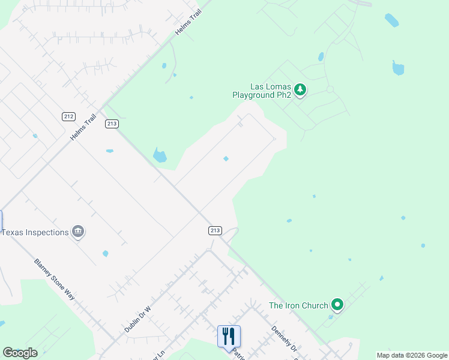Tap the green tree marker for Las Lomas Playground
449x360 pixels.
pyautogui.click(x=301, y=90)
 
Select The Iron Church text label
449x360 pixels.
pyautogui.click(x=298, y=305)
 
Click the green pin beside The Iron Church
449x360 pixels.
pyautogui.click(x=337, y=305)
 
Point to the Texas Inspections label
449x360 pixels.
pyautogui.click(x=35, y=232)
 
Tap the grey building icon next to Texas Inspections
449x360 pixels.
pyautogui.click(x=78, y=232)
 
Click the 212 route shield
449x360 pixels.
pyautogui.click(x=68, y=116)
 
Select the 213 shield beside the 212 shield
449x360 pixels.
pyautogui.click(x=112, y=124)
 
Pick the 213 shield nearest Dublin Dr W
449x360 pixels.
pyautogui.click(x=215, y=230)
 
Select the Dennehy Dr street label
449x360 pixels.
pyautogui.click(x=284, y=339)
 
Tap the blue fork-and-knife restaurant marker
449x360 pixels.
pyautogui.click(x=229, y=335)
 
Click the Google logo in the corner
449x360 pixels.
pyautogui.click(x=20, y=353)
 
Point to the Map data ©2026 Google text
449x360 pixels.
pyautogui.click(x=411, y=355)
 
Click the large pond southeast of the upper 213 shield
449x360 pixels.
pyautogui.click(x=160, y=155)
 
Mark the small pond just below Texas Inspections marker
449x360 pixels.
pyautogui.click(x=106, y=254)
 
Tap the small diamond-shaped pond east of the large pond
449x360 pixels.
pyautogui.click(x=226, y=158)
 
